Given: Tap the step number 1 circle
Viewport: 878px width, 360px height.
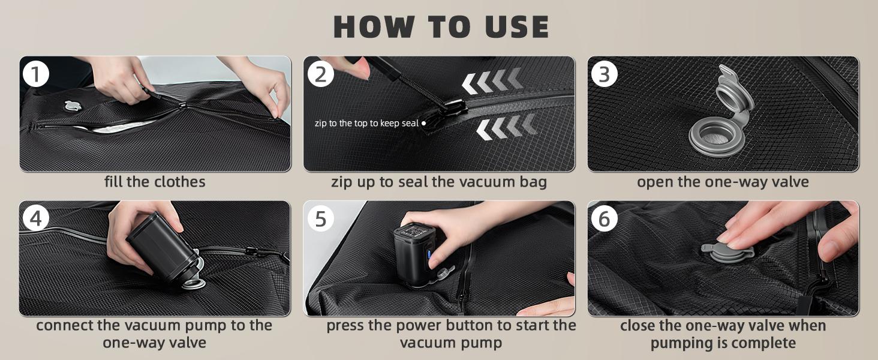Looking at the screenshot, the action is [35, 74].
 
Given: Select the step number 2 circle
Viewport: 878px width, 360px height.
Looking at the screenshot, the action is [320, 74].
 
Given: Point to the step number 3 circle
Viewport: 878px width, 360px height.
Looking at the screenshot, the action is [604, 74].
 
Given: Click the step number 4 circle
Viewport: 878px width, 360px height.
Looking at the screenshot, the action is [35, 218].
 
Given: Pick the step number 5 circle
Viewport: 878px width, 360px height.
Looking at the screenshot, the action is [320, 218].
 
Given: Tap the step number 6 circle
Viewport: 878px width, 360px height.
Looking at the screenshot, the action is [604, 218].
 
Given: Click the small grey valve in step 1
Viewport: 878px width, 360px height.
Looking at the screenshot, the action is [73, 106].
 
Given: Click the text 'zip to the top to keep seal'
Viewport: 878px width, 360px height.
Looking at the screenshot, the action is [366, 123].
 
